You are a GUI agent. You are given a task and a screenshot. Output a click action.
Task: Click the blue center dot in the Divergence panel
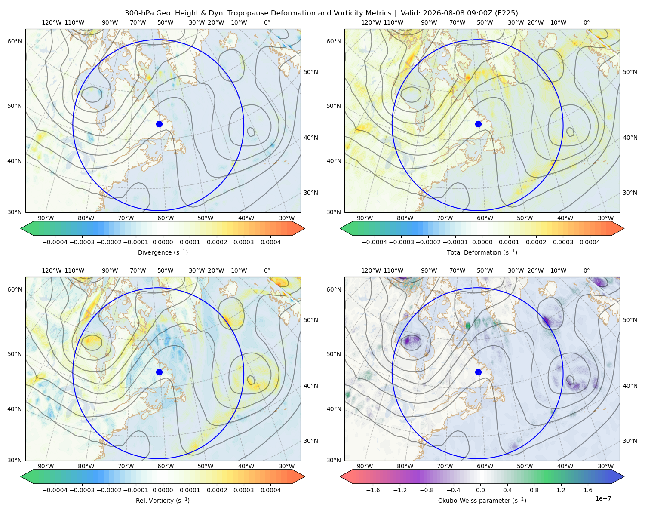[x=159, y=124]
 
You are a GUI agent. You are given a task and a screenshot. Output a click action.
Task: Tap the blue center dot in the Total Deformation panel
[x=478, y=124]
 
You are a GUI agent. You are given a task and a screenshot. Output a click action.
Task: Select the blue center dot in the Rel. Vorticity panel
[x=159, y=372]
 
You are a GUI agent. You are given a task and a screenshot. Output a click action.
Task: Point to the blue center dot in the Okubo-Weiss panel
[x=478, y=372]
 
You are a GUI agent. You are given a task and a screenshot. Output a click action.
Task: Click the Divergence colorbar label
[x=163, y=252]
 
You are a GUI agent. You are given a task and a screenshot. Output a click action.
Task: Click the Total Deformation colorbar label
[x=482, y=252]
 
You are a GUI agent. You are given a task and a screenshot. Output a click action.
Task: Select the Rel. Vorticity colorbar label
[x=163, y=501]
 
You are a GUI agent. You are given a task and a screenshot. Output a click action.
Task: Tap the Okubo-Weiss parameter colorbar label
[x=482, y=501]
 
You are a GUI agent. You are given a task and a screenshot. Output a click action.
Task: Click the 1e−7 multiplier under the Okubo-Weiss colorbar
[x=603, y=498]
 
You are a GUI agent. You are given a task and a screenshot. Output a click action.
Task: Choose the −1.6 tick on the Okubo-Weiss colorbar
[x=373, y=490]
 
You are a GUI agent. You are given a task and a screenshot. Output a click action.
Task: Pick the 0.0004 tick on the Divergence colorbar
[x=270, y=242]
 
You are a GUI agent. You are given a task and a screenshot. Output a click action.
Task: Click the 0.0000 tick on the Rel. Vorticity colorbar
[x=163, y=490]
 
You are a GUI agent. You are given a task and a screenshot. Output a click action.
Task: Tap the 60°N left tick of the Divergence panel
[x=15, y=41]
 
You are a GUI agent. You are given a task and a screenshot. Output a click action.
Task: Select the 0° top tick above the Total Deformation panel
[x=587, y=22]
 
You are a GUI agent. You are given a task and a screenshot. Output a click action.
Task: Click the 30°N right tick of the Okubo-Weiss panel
[x=630, y=441]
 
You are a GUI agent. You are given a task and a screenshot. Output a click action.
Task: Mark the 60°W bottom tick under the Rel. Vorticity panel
[x=166, y=466]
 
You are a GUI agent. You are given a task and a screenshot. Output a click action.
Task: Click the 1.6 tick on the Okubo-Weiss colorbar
[x=588, y=490]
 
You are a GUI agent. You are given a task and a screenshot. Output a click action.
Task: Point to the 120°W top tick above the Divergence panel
[x=52, y=22]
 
